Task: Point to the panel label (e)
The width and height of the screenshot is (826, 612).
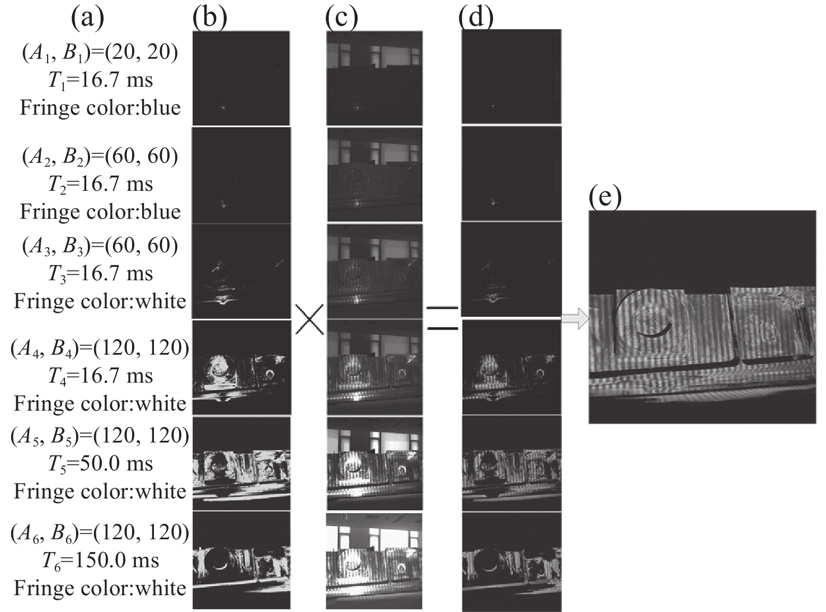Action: [x=606, y=197]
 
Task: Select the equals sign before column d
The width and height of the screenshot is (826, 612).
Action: [x=442, y=317]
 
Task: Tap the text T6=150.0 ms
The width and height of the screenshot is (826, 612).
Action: [x=101, y=560]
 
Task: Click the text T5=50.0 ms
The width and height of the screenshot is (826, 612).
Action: [x=101, y=463]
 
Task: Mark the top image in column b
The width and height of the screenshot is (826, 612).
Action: [x=241, y=78]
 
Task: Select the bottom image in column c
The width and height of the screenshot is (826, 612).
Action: [x=374, y=560]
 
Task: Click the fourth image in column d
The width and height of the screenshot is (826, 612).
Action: [x=511, y=366]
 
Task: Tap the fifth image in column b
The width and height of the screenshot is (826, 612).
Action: [x=241, y=463]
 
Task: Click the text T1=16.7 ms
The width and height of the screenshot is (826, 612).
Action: [x=101, y=79]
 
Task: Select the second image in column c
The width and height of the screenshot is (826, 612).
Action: [x=374, y=175]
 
